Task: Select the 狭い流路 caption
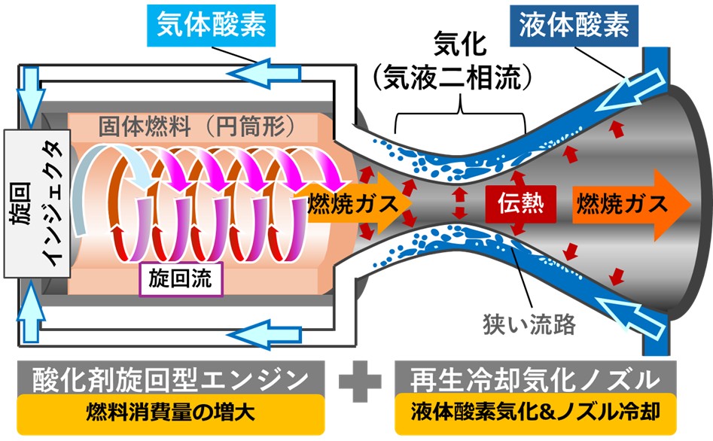click(x=529, y=324)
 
